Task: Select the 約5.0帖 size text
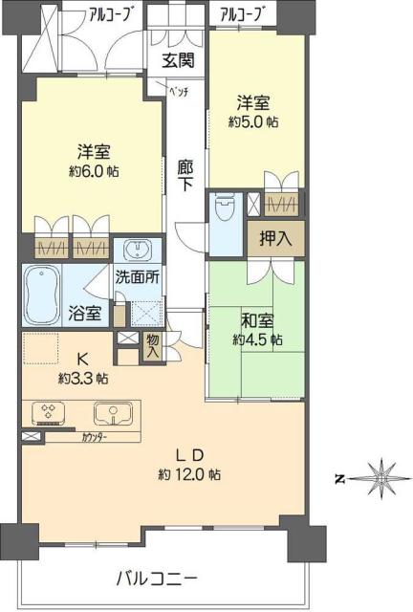point(253,122)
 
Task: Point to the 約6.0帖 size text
point(94,172)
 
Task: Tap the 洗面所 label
point(136,279)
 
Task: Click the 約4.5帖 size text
point(256,339)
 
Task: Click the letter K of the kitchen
point(82,360)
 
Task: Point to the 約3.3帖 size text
point(82,378)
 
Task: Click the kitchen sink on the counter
point(112,413)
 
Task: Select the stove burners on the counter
point(48,412)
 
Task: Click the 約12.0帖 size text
point(190,474)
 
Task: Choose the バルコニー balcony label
point(157,578)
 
